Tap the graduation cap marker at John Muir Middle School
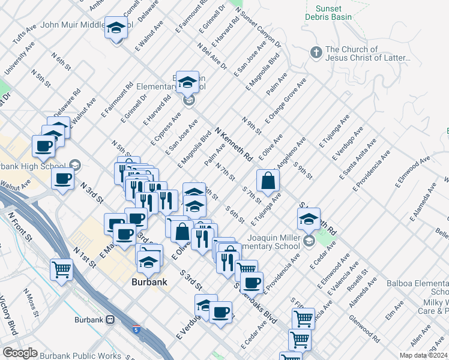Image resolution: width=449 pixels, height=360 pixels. click(116, 28)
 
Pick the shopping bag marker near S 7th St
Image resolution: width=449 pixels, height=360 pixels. click(268, 181)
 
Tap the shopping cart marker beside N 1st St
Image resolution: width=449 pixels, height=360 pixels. click(61, 269)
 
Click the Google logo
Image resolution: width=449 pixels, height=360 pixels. click(20, 353)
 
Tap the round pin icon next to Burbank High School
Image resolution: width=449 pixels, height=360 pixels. click(75, 164)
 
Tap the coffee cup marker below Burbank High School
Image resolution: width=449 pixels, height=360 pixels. click(62, 178)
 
